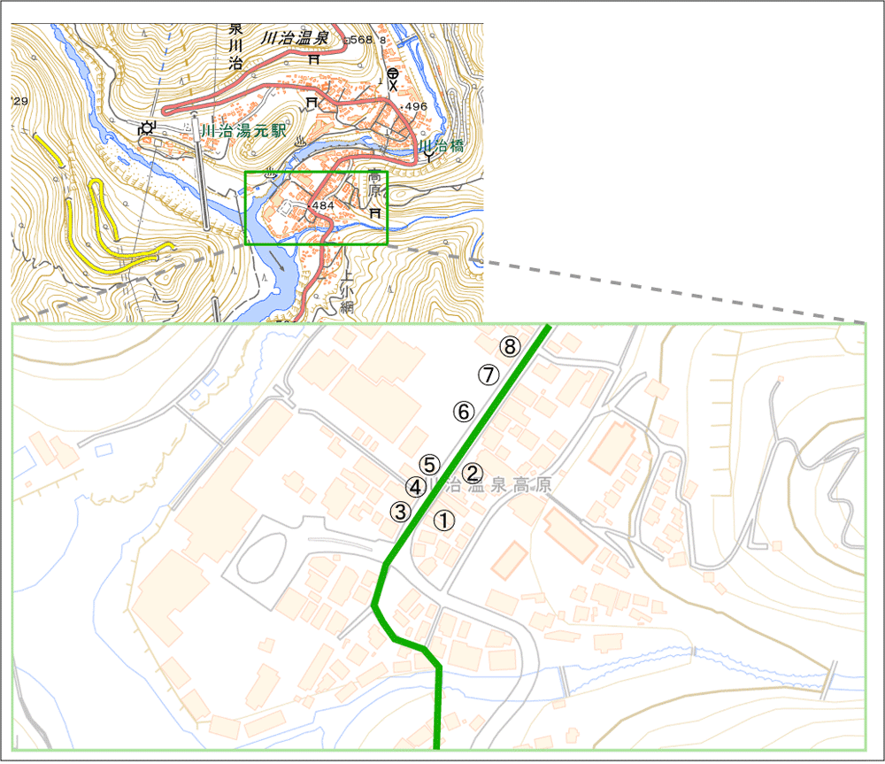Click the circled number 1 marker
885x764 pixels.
[x=444, y=521]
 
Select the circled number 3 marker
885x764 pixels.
[x=401, y=511]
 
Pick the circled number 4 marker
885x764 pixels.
[x=414, y=486]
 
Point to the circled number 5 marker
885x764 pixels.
[x=429, y=464]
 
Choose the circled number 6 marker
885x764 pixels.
[x=464, y=411]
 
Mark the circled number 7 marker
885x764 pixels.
[x=488, y=374]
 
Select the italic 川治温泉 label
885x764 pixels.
[x=296, y=39]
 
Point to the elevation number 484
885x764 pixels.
[x=321, y=205]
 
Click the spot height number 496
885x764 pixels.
[x=415, y=107]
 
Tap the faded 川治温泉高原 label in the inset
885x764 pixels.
[x=489, y=486]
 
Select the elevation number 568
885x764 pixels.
[x=362, y=40]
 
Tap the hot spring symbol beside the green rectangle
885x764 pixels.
[x=269, y=174]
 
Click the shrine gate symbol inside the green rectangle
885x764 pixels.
[x=375, y=213]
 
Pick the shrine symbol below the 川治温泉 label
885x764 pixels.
[x=314, y=60]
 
